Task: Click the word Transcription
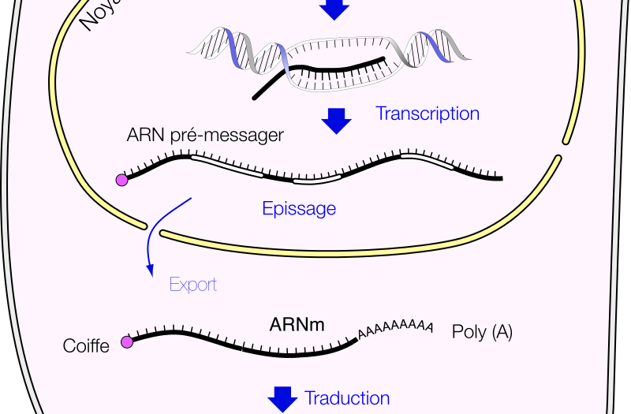(427, 114)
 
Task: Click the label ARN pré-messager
(205, 135)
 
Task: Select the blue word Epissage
(299, 209)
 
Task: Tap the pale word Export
(193, 285)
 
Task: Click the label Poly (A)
(482, 332)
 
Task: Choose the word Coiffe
(86, 346)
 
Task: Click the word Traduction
(347, 398)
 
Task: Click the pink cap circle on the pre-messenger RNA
(122, 181)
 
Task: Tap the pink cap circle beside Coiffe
(126, 342)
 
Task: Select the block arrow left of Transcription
(337, 120)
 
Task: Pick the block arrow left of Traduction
(282, 399)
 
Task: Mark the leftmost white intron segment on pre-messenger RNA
(227, 166)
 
